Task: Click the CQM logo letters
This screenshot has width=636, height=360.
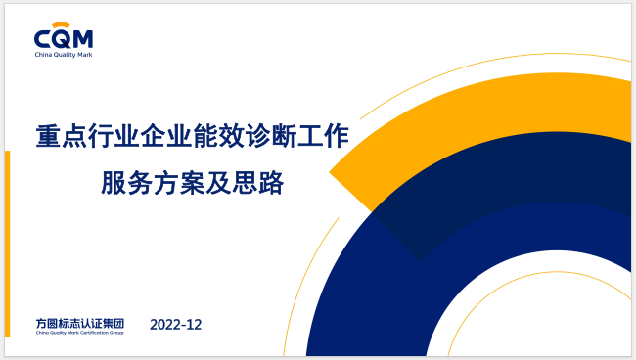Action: pyautogui.click(x=63, y=39)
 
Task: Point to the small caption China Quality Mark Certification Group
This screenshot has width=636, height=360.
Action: pyautogui.click(x=79, y=333)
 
